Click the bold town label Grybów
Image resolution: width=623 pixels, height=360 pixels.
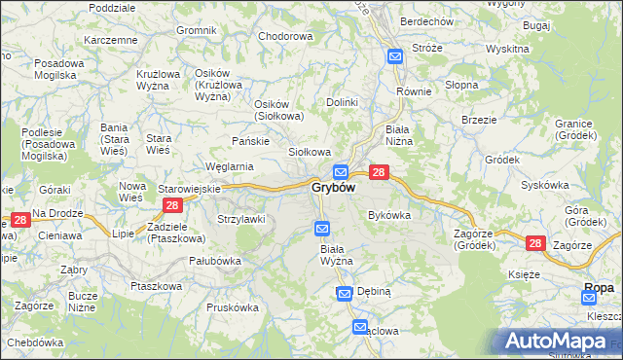(332, 187)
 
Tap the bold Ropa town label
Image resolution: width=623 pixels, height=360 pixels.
(598, 287)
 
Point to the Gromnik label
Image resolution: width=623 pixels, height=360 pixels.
(197, 30)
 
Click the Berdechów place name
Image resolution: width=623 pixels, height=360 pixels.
(426, 21)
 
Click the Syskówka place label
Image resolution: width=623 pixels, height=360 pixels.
(544, 184)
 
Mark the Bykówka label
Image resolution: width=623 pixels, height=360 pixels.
(389, 214)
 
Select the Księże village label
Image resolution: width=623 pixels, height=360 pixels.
(524, 274)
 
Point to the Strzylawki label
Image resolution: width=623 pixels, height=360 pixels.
(240, 219)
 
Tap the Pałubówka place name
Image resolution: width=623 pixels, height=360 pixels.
(214, 261)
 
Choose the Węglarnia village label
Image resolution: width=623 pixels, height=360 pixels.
(229, 166)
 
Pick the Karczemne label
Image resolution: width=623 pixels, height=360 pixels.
(110, 40)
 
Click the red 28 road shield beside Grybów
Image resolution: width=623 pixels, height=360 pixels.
(380, 172)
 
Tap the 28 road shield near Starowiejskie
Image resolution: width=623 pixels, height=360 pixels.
(172, 204)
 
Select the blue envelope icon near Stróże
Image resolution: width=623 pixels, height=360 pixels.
(395, 56)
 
